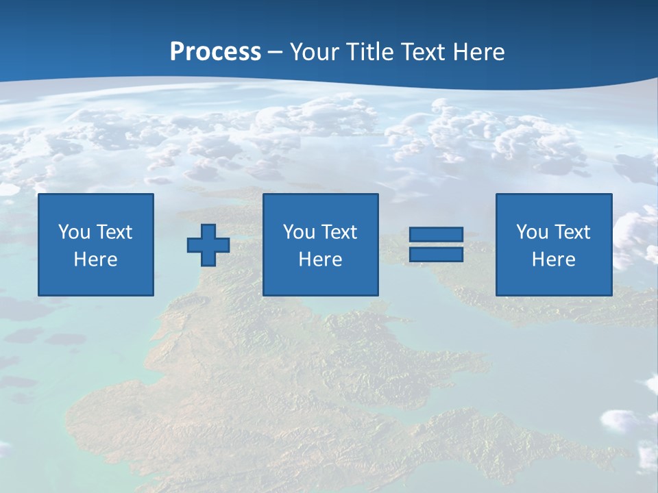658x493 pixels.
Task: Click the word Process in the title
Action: (x=215, y=52)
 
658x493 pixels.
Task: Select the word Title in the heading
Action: (x=370, y=52)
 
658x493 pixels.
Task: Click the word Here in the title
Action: (x=480, y=52)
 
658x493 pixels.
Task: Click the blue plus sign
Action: (x=208, y=245)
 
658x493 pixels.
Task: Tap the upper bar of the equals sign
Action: (x=436, y=235)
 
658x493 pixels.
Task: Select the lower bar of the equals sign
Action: (x=436, y=254)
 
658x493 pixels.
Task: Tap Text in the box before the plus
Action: (x=114, y=232)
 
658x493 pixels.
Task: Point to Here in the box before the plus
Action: (x=96, y=260)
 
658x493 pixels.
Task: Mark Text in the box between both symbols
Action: (x=339, y=232)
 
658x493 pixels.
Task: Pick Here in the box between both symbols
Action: (x=321, y=260)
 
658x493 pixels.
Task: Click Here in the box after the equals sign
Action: (x=554, y=260)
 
